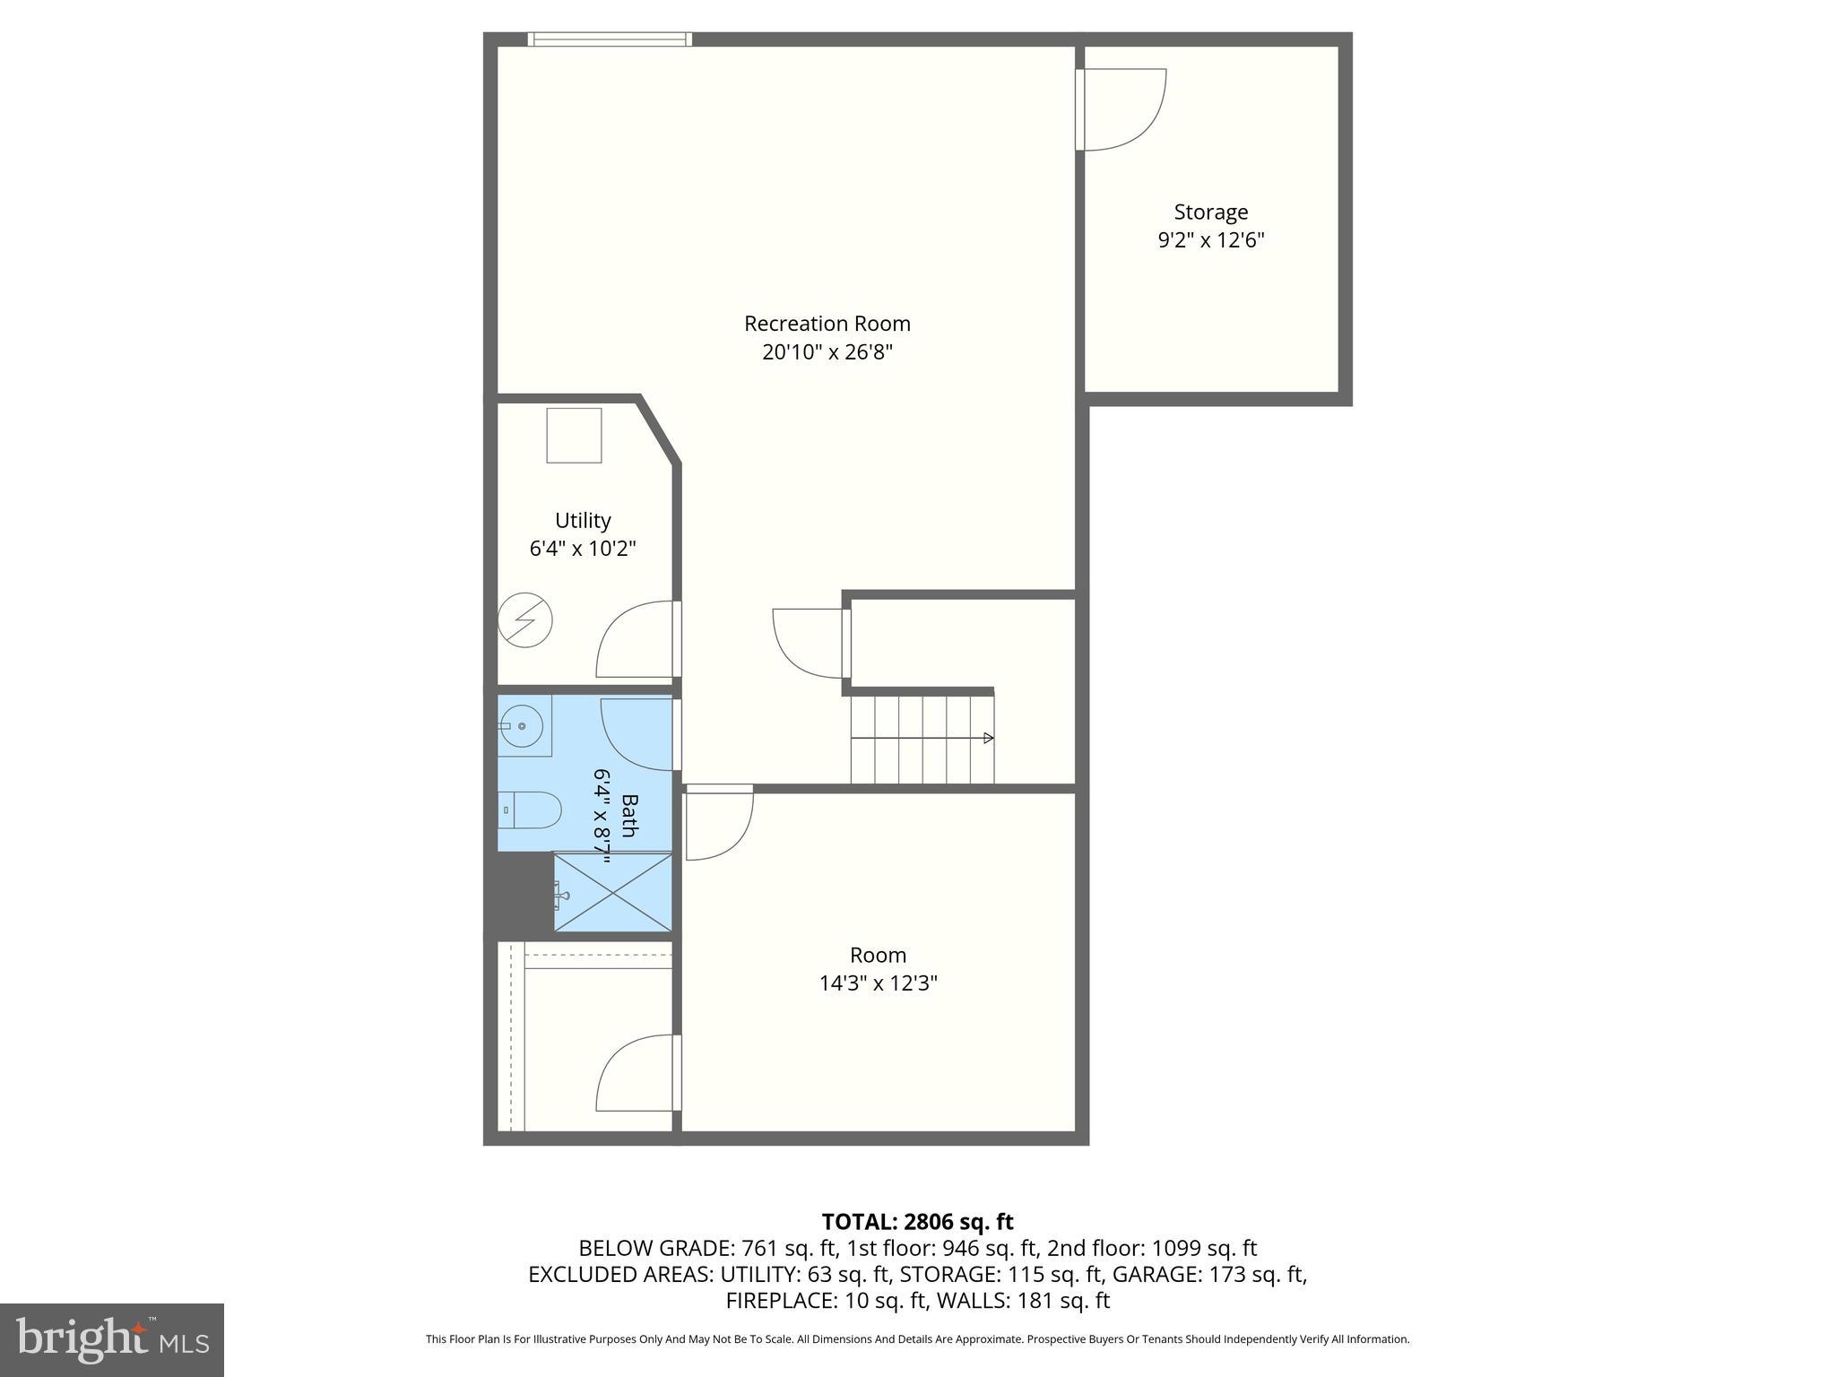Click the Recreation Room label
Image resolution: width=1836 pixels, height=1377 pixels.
click(x=827, y=324)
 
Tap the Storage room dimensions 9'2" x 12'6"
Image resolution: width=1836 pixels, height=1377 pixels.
click(x=1210, y=240)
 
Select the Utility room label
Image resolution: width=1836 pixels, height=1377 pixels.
click(x=583, y=521)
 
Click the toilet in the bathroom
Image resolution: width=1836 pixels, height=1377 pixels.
click(x=530, y=810)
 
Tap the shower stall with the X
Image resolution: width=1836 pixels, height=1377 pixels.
click(x=612, y=892)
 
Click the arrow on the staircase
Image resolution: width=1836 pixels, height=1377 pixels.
click(x=988, y=738)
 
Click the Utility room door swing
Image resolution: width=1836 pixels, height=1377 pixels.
click(x=635, y=639)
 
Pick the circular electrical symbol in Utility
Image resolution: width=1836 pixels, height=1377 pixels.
click(x=525, y=619)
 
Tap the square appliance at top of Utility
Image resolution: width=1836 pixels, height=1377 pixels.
click(x=574, y=436)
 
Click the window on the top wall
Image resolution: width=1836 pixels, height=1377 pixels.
click(x=610, y=39)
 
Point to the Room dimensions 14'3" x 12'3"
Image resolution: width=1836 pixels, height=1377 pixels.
click(x=878, y=983)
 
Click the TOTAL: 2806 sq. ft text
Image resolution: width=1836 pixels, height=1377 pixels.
click(x=917, y=1222)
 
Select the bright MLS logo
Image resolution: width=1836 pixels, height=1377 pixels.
click(x=111, y=1339)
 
